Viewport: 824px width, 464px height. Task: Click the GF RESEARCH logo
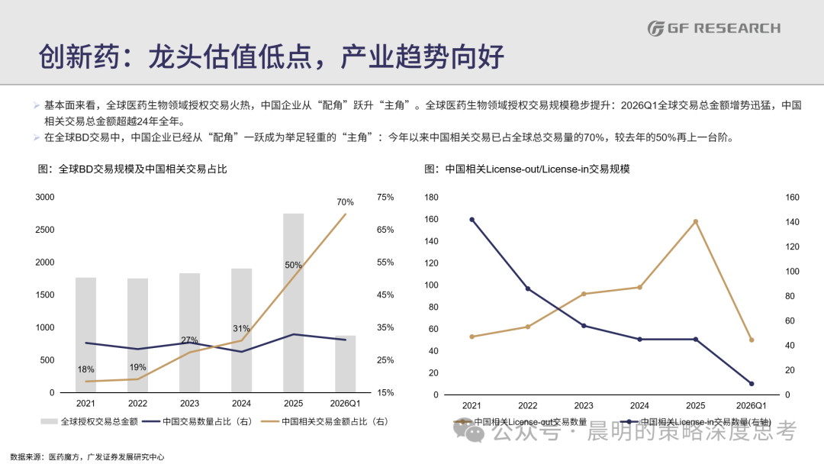(x=713, y=27)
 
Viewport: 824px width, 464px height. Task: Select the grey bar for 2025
(x=293, y=303)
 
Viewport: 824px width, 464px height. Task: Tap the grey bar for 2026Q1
(x=346, y=363)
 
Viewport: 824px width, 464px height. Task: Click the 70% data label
(x=346, y=201)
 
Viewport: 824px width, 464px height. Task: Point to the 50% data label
(x=293, y=265)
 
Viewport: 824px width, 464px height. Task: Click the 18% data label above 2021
(x=85, y=369)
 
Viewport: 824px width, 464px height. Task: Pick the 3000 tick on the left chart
(x=45, y=197)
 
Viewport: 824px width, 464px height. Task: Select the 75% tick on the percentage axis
(x=385, y=197)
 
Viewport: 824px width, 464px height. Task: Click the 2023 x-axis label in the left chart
(x=190, y=404)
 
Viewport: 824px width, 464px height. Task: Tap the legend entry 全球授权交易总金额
(x=89, y=421)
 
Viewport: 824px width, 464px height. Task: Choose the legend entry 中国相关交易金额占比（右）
(x=325, y=421)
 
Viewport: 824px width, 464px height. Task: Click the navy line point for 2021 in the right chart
(x=472, y=220)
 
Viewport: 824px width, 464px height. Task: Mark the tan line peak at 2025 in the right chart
(x=695, y=222)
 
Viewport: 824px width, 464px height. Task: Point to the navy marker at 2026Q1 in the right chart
(x=752, y=384)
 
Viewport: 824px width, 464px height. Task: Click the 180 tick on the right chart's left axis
(x=431, y=197)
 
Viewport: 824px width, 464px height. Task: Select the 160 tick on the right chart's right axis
(x=793, y=197)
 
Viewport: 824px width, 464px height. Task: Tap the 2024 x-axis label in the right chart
(x=639, y=406)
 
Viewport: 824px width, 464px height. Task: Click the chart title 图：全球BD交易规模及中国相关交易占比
(x=133, y=169)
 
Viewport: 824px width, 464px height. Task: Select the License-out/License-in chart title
(x=527, y=169)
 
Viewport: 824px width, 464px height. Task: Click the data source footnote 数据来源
(x=87, y=456)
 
